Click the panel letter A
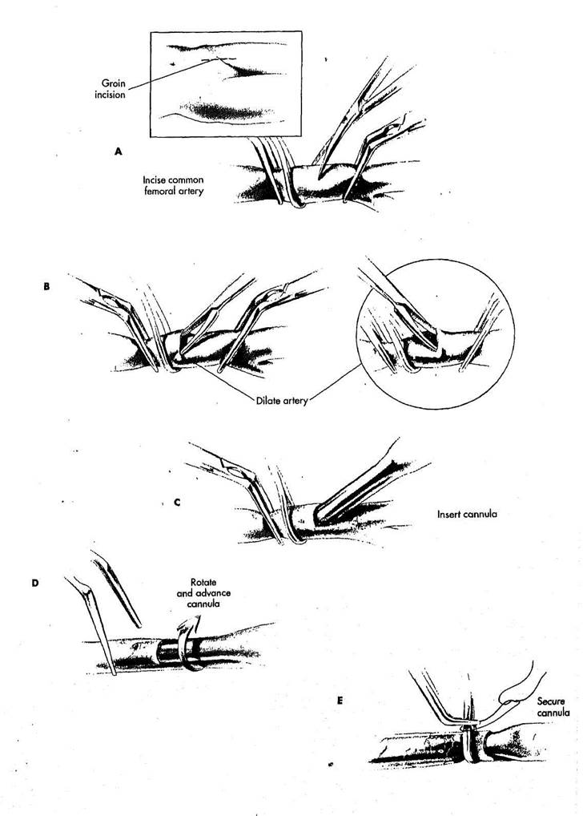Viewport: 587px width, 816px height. click(x=119, y=150)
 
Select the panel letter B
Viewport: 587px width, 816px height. click(x=47, y=285)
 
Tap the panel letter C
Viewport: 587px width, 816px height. click(x=176, y=503)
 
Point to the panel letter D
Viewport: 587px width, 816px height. click(x=34, y=583)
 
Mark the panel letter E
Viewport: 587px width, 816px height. click(x=340, y=700)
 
